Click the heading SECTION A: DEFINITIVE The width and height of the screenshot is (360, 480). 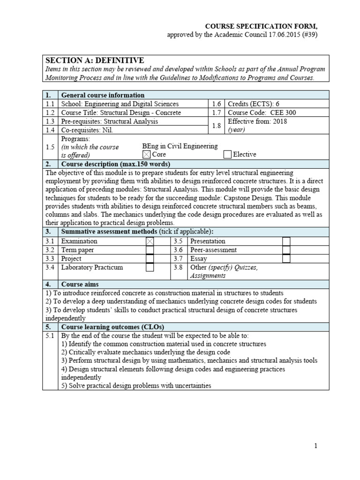coord(94,60)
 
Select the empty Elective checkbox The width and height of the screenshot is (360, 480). coord(227,154)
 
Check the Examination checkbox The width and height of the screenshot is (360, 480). coord(150,241)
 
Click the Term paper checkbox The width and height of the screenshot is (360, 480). coord(150,250)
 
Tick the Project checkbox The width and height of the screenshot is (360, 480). coord(150,259)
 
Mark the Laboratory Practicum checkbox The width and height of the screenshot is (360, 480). coord(150,268)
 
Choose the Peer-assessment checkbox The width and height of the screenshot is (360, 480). coord(286,250)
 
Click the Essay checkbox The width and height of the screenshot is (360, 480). coord(286,259)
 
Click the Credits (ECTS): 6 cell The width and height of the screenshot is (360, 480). coord(277,104)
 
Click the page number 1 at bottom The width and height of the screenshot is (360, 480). coord(316,446)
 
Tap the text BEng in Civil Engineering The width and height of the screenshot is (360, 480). coord(180,146)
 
